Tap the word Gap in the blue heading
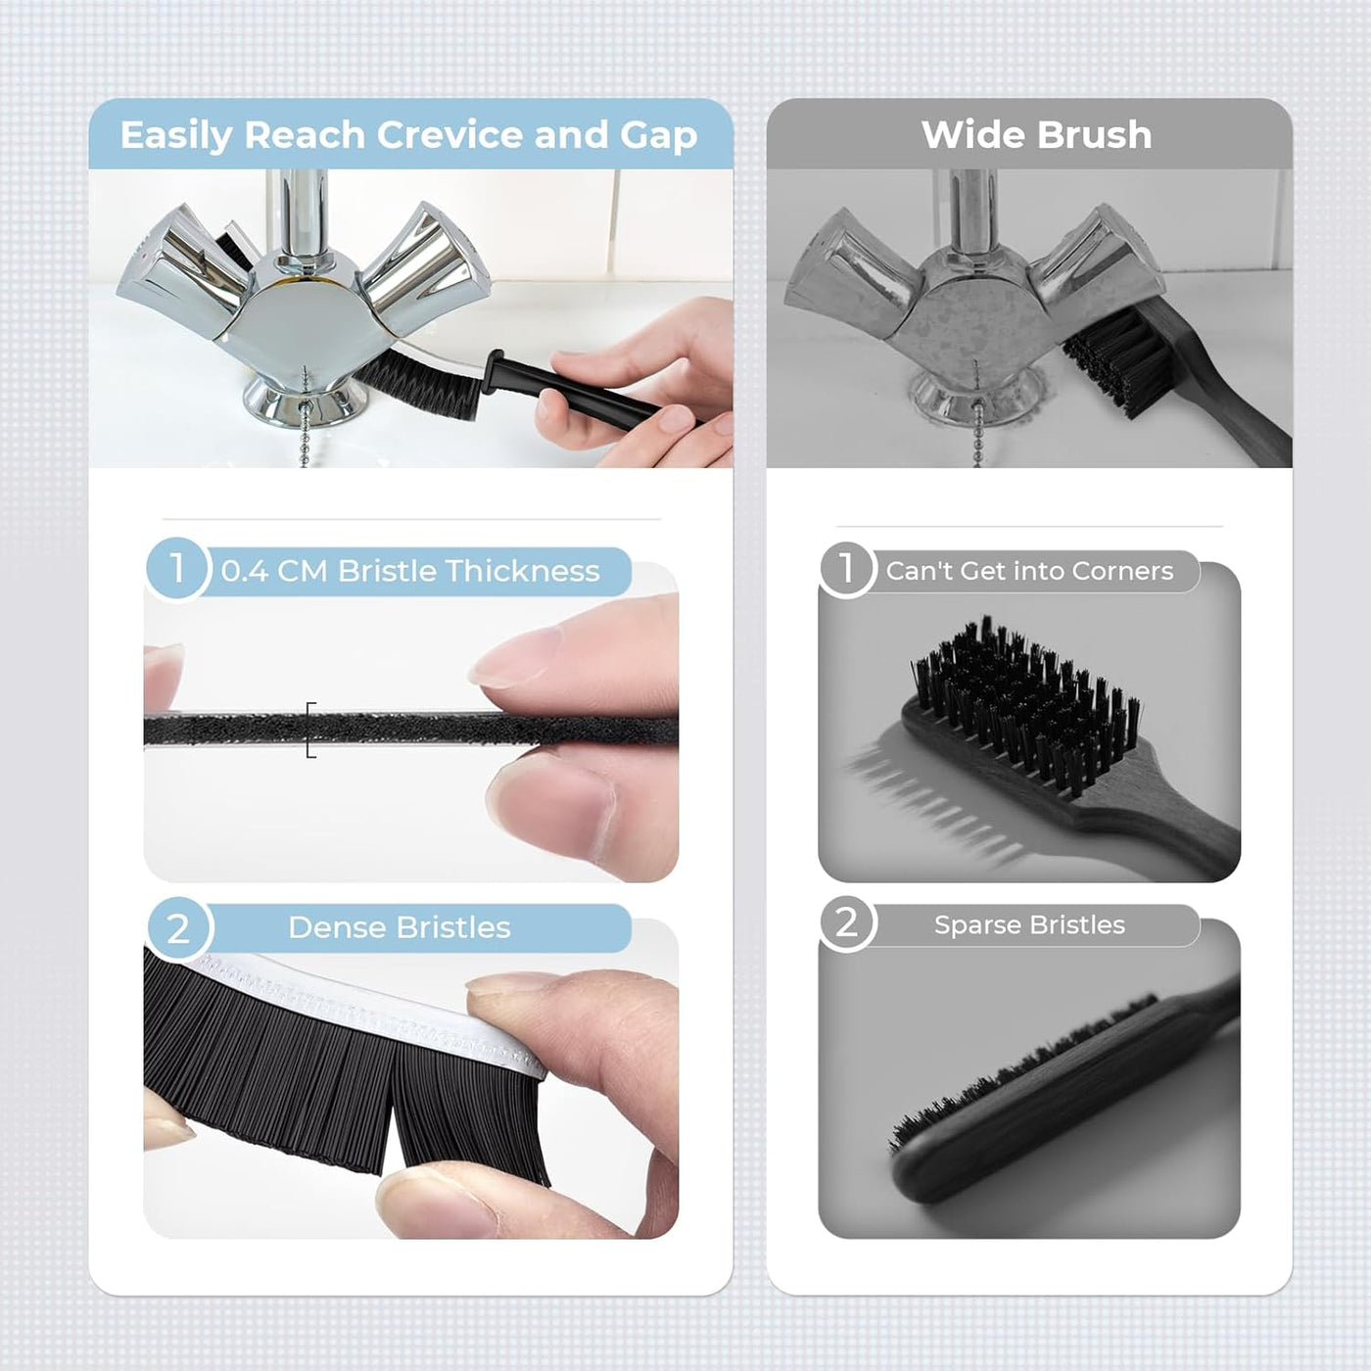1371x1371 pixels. (x=658, y=135)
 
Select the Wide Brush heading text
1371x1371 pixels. (x=1036, y=135)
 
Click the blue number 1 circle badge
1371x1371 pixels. (x=177, y=568)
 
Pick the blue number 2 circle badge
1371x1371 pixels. (x=178, y=927)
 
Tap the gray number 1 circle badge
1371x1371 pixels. (x=846, y=568)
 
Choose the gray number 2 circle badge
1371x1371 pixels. (x=846, y=923)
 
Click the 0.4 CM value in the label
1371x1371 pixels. (x=273, y=571)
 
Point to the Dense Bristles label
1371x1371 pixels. (x=400, y=927)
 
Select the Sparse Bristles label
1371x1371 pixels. (x=1029, y=924)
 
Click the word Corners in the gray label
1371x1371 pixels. (x=1122, y=571)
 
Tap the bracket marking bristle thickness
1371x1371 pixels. (x=310, y=730)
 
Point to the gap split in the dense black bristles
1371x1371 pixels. (x=392, y=1126)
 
